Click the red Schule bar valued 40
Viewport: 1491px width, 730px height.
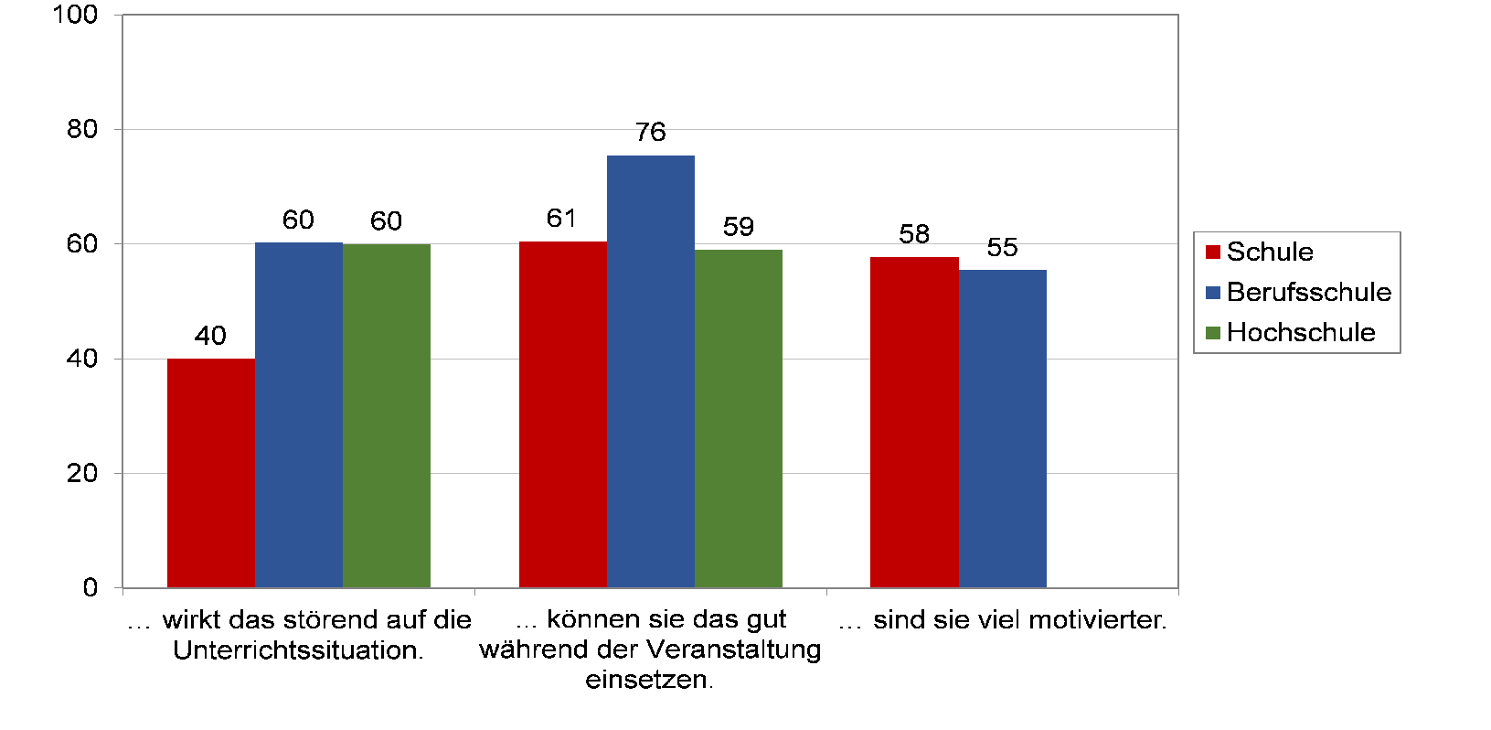[211, 473]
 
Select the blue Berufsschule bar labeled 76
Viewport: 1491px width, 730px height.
[650, 371]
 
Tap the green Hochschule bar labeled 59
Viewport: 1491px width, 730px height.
[738, 418]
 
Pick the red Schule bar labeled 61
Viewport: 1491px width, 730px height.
[562, 414]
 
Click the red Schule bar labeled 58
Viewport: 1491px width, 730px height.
[914, 422]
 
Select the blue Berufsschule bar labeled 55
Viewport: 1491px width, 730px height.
[1002, 428]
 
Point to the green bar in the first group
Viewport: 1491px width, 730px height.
[386, 415]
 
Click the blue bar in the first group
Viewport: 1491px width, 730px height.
[298, 414]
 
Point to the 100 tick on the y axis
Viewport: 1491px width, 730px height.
[76, 15]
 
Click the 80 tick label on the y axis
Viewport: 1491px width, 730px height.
[82, 129]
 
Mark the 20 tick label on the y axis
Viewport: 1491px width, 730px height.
[82, 473]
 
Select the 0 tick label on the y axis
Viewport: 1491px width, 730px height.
[90, 587]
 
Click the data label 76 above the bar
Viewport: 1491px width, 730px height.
[650, 133]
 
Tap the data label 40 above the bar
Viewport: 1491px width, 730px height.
[210, 336]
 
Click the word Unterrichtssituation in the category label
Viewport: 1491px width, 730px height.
[297, 650]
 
